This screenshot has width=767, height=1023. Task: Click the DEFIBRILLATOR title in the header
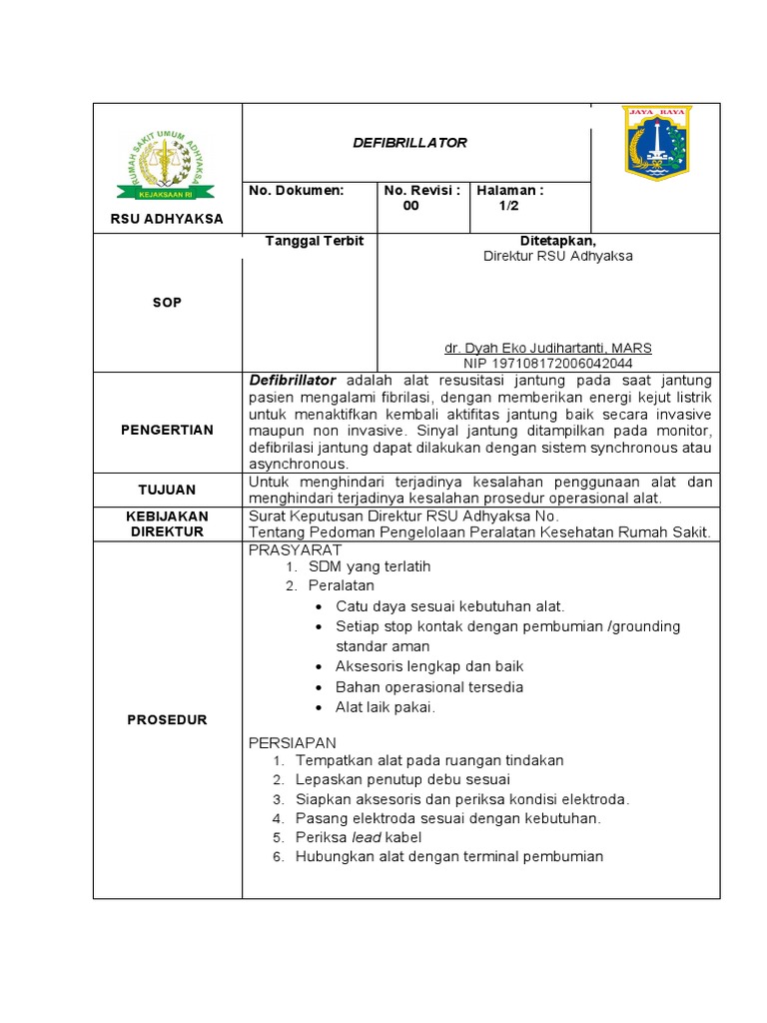pyautogui.click(x=410, y=143)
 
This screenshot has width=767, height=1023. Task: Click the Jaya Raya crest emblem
pyautogui.click(x=655, y=143)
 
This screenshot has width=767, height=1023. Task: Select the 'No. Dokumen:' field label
pyautogui.click(x=296, y=190)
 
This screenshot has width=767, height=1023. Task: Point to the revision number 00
pyautogui.click(x=410, y=207)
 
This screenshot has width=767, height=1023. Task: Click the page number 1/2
pyautogui.click(x=509, y=207)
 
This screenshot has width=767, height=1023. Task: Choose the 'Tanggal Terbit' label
pyautogui.click(x=314, y=241)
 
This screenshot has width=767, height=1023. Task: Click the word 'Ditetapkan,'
pyautogui.click(x=557, y=241)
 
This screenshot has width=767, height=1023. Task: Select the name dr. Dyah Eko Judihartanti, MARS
pyautogui.click(x=548, y=348)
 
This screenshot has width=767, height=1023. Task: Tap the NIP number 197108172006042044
pyautogui.click(x=548, y=364)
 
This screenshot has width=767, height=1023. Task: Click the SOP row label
pyautogui.click(x=167, y=302)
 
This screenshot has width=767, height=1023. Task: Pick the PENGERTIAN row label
pyautogui.click(x=167, y=430)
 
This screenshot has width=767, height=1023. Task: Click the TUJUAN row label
pyautogui.click(x=167, y=490)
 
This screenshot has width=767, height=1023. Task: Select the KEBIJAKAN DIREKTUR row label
pyautogui.click(x=167, y=523)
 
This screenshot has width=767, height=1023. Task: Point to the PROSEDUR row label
pyautogui.click(x=167, y=719)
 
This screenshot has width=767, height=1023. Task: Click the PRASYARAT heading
pyautogui.click(x=295, y=550)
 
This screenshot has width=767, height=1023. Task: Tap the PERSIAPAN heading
pyautogui.click(x=292, y=742)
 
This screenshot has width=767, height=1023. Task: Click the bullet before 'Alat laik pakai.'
pyautogui.click(x=317, y=707)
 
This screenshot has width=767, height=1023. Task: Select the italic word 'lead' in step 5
pyautogui.click(x=366, y=837)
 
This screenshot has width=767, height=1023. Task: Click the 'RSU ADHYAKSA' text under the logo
pyautogui.click(x=167, y=219)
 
